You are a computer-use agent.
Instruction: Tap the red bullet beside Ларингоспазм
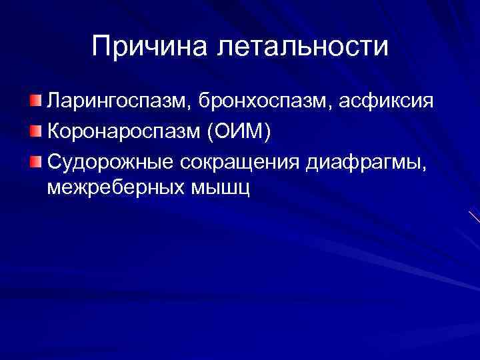tap(36, 101)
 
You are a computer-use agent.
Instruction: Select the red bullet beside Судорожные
tap(36, 159)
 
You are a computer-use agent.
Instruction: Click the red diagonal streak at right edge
tap(474, 217)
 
